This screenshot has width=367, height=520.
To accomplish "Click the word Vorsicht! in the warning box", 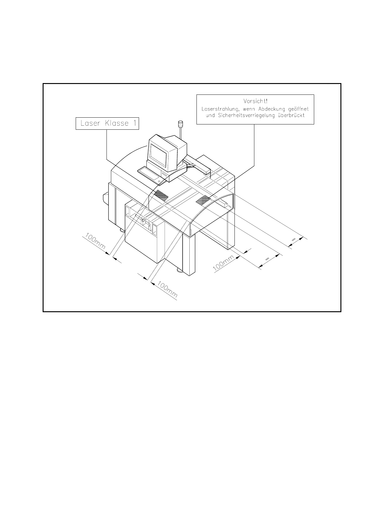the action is tap(255, 101).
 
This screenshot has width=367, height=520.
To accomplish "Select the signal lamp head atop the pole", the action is tap(180, 124).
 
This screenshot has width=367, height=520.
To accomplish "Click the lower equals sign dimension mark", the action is tap(268, 258).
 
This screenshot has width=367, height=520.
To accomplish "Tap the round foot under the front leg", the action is tap(179, 271).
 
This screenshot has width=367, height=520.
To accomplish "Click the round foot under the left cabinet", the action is tap(122, 230).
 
